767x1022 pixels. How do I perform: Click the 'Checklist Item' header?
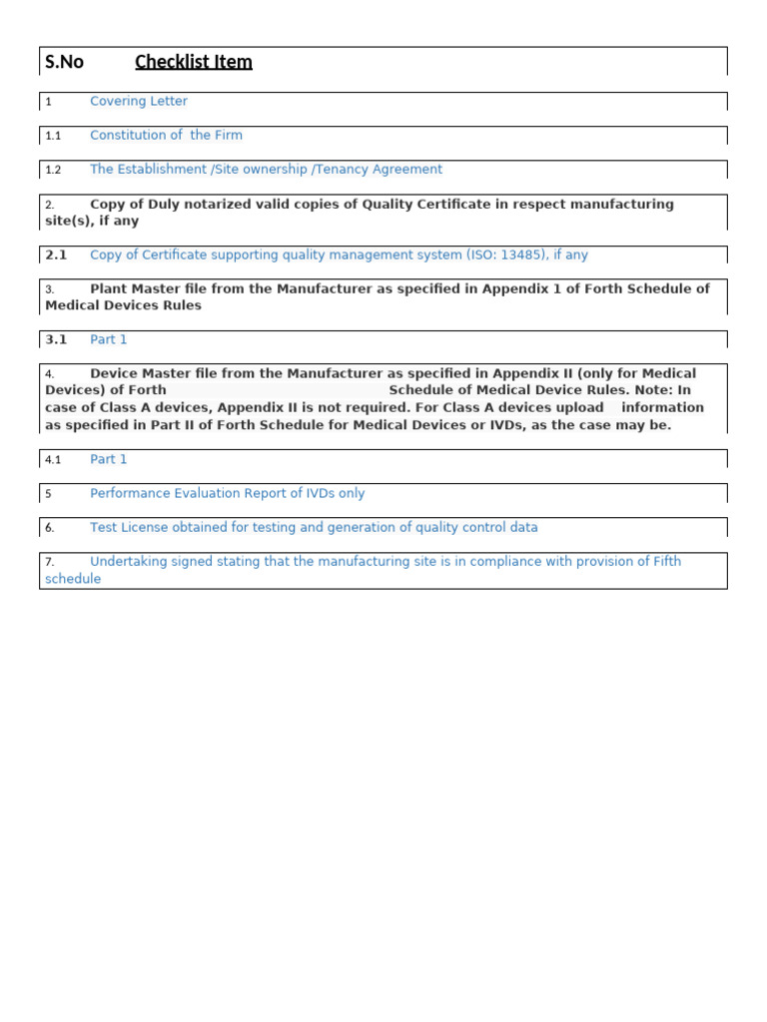click(193, 62)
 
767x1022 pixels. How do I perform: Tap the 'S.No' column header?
click(64, 62)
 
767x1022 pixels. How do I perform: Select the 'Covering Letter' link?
click(138, 101)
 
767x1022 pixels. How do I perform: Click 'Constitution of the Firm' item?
click(166, 135)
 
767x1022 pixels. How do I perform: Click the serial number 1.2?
click(53, 170)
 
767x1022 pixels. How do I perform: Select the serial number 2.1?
click(56, 255)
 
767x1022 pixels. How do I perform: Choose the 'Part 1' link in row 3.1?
click(108, 339)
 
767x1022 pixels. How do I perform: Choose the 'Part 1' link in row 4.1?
click(108, 459)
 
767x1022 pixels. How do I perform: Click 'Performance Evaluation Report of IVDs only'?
click(227, 493)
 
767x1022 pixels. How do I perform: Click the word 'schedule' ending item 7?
click(73, 579)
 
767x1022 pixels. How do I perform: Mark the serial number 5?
click(48, 494)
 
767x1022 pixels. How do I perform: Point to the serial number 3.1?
click(56, 339)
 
